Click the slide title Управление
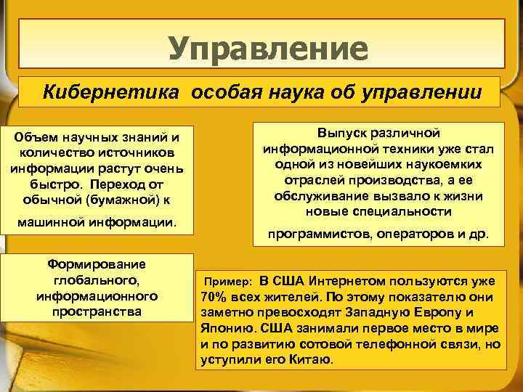269,49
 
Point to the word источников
134,152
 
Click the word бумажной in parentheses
130,198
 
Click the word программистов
316,234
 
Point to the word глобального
97,281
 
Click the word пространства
97,311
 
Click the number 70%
211,297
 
